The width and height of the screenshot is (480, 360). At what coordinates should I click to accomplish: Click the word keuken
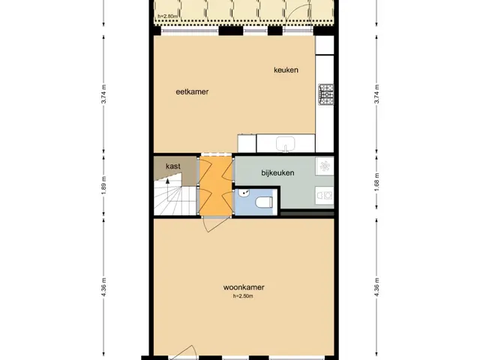click(286, 70)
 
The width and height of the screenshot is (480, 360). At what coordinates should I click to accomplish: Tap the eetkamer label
click(192, 91)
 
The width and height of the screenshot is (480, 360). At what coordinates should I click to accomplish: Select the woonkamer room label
click(244, 287)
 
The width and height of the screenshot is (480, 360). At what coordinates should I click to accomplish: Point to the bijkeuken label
click(277, 173)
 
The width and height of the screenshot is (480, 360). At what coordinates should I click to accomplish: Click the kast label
click(173, 166)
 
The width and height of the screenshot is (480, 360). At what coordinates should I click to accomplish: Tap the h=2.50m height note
click(243, 296)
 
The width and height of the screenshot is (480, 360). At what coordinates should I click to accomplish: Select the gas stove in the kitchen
click(326, 94)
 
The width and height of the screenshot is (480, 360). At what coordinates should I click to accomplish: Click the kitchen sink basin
click(285, 143)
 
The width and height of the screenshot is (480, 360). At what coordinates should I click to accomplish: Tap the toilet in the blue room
click(263, 202)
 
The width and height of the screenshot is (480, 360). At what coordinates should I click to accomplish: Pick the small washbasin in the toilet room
click(244, 193)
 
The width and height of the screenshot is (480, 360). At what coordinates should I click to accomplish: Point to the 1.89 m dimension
click(103, 185)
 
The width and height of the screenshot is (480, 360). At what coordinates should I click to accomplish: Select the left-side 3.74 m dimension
click(103, 94)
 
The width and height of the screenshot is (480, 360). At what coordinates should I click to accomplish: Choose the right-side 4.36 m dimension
click(376, 286)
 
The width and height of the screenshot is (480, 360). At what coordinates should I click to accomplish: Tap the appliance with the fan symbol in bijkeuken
click(325, 166)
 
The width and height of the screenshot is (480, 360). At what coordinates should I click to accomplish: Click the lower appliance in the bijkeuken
click(325, 195)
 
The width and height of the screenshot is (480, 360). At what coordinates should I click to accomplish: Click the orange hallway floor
click(216, 185)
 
